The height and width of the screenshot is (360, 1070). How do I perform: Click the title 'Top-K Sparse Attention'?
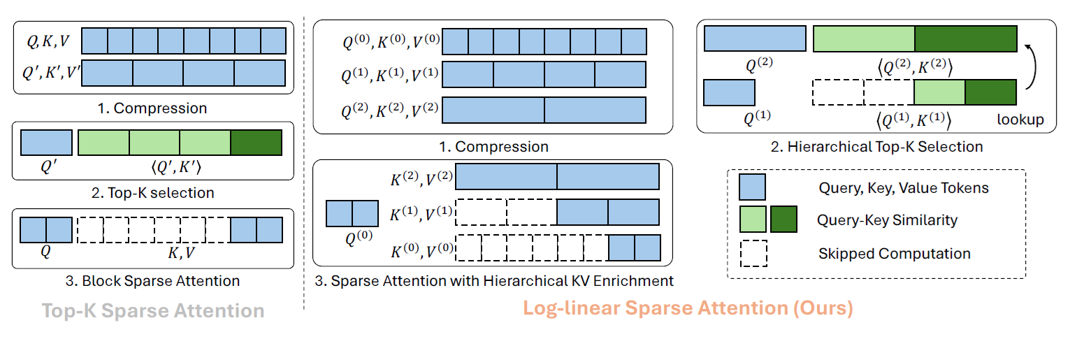click(153, 311)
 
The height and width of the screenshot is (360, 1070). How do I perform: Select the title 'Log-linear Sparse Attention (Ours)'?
click(688, 308)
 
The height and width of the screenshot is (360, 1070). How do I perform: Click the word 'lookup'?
click(1021, 120)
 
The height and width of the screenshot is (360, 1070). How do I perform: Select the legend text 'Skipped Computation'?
click(894, 253)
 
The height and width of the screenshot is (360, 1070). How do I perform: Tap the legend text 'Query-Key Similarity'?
click(887, 220)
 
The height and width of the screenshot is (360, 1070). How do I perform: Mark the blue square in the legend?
click(753, 187)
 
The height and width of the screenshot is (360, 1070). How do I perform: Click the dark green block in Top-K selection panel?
click(256, 143)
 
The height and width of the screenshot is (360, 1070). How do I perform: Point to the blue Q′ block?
click(47, 143)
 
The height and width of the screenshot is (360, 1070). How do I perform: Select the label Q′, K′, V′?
click(51, 72)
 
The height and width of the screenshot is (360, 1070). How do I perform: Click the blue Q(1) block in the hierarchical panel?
click(729, 92)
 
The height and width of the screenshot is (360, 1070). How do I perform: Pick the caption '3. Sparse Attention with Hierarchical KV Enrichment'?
click(493, 281)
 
